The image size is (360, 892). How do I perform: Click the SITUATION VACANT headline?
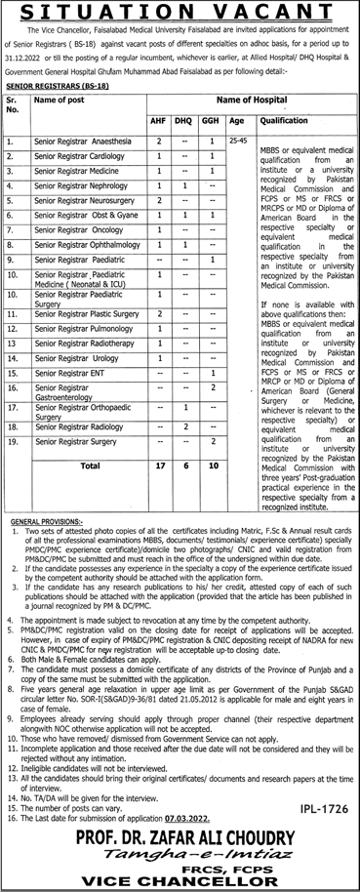pyautogui.click(x=180, y=11)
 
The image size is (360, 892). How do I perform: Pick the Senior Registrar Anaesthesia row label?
pyautogui.click(x=81, y=142)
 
